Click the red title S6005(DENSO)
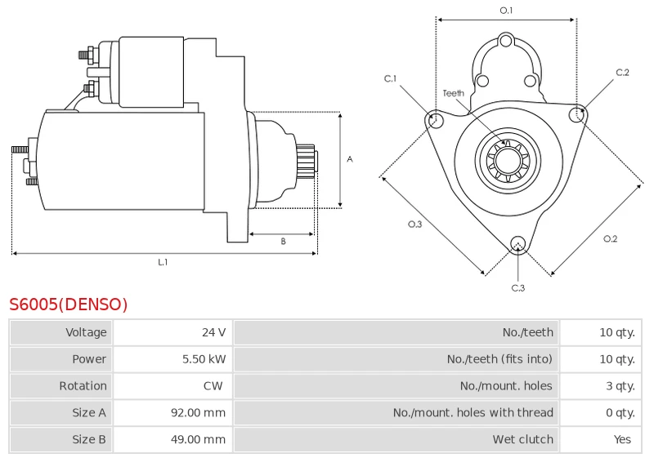click(69, 305)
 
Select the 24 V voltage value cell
click(214, 332)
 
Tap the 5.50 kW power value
click(204, 359)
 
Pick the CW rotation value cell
click(213, 386)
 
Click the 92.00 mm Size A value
click(198, 412)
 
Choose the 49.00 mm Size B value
click(198, 439)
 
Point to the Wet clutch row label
click(523, 439)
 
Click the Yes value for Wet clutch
click(622, 439)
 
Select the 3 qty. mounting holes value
click(620, 386)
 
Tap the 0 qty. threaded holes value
click(620, 412)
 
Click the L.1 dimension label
click(163, 262)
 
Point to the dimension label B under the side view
click(283, 242)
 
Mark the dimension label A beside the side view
click(350, 159)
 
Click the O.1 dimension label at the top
click(506, 11)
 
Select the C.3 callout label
click(518, 288)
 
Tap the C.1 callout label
click(391, 78)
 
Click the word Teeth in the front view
click(454, 93)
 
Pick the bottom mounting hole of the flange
click(518, 243)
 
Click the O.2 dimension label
click(610, 239)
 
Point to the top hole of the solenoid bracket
click(506, 41)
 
